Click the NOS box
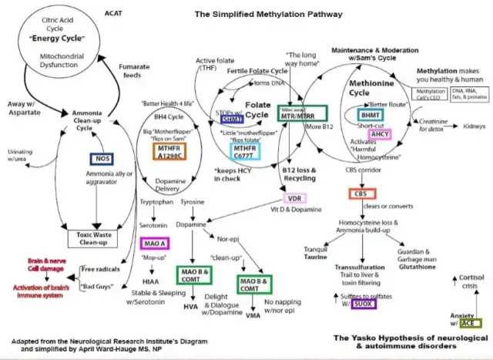tap(97, 158)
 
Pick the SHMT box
tap(233, 118)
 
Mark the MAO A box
tap(153, 244)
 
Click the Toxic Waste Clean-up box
tap(97, 238)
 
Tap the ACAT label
tap(113, 14)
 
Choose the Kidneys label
tap(475, 125)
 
